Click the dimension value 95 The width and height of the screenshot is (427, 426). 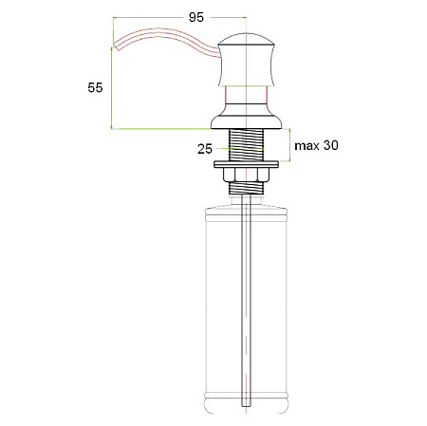click(x=196, y=17)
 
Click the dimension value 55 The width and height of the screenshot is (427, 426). click(x=95, y=87)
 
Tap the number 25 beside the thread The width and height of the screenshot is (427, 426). click(x=205, y=149)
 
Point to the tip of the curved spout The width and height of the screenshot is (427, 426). click(x=116, y=46)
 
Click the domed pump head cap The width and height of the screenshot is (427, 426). click(x=246, y=39)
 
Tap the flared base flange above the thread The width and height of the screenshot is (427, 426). click(x=246, y=121)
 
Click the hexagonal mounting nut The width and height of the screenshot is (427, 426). click(x=246, y=175)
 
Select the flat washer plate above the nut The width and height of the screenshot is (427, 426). click(x=246, y=164)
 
